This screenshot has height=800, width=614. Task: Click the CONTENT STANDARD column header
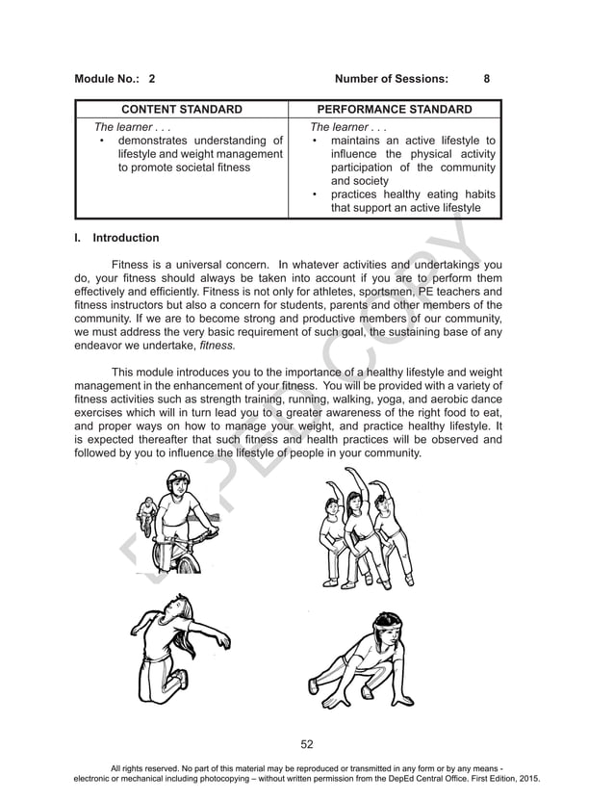point(181,110)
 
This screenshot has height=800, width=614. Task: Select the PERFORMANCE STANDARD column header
point(395,110)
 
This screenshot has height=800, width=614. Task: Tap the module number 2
point(152,79)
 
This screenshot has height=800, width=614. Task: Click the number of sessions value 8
point(487,79)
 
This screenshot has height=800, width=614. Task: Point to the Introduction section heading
point(125,238)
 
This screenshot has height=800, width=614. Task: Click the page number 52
point(307,744)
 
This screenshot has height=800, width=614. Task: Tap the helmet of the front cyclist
point(178,478)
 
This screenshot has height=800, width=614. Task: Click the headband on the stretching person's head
point(387,623)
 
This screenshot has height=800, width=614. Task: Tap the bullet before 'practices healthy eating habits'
point(316,194)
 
